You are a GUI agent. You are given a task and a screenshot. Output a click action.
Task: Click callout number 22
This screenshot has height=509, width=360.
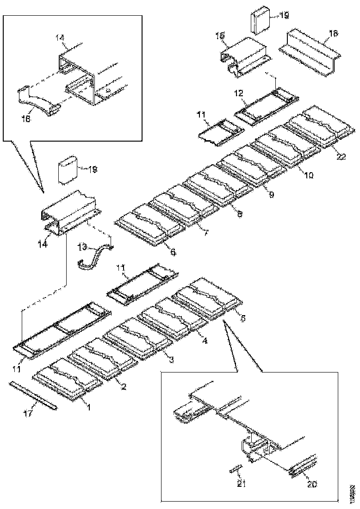(341, 157)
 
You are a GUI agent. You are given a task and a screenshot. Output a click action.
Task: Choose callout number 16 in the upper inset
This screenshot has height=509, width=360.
(25, 119)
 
